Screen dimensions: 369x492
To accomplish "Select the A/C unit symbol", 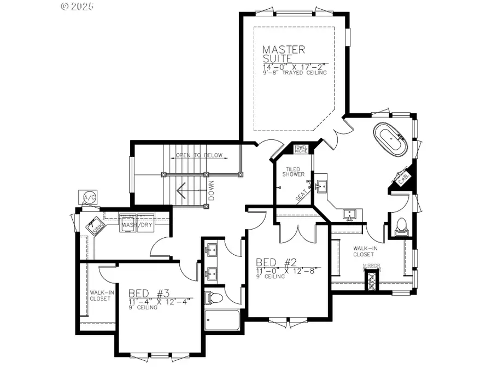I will coord(88,197).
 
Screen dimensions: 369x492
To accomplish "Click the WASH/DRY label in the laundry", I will coord(137,225).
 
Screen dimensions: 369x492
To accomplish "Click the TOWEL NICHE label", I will coord(301,148).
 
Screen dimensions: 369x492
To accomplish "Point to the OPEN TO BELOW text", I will coord(199,155).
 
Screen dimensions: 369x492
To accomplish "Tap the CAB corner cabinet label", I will coord(403,178).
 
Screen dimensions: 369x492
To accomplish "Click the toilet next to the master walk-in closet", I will coord(401,225).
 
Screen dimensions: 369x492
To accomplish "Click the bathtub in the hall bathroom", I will coord(221,320).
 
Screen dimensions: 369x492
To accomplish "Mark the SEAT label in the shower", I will coord(302,196).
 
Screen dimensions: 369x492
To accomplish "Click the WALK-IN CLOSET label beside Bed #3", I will coord(102,296).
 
